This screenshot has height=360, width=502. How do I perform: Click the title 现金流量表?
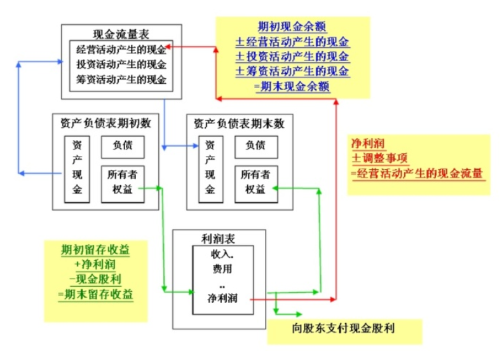pyautogui.click(x=121, y=33)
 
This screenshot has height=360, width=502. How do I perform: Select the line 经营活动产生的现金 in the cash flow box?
pyautogui.click(x=121, y=49)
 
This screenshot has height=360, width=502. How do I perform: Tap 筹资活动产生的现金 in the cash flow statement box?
pyautogui.click(x=121, y=80)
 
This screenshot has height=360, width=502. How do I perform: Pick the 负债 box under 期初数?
pyautogui.click(x=123, y=146)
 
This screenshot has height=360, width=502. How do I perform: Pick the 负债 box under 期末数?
pyautogui.click(x=255, y=146)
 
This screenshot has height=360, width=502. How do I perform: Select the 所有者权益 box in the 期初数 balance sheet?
pyautogui.click(x=123, y=183)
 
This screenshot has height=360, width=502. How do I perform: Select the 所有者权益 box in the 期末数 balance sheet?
pyautogui.click(x=255, y=183)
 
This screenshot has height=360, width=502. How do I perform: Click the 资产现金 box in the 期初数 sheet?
pyautogui.click(x=77, y=167)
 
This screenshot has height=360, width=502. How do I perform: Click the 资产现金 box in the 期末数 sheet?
pyautogui.click(x=210, y=167)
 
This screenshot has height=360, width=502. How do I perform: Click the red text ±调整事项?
pyautogui.click(x=381, y=158)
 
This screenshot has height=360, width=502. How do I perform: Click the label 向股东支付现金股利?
pyautogui.click(x=344, y=330)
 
